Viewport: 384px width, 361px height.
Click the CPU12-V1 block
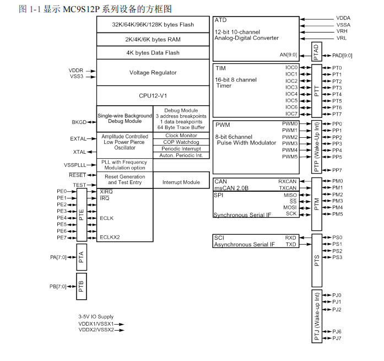point(153,95)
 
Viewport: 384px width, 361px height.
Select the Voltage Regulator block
point(153,73)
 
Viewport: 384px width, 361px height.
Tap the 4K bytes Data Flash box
point(153,53)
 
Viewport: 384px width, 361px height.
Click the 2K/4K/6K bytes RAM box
point(153,39)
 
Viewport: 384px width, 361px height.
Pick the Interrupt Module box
point(181,182)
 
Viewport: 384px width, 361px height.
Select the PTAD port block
point(316,52)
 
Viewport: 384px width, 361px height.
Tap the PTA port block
point(82,257)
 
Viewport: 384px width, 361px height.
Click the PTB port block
point(82,286)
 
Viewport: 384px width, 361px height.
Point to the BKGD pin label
point(79,122)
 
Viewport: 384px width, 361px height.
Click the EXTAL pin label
point(78,139)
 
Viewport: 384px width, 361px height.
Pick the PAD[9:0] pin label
point(342,55)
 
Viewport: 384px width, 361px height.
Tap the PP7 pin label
point(337,170)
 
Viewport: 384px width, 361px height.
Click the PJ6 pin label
point(337,331)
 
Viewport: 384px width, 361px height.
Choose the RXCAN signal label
point(288,181)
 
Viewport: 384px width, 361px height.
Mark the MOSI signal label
point(290,207)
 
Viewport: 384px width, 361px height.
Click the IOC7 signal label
point(291,114)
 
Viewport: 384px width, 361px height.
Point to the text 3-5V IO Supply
point(96,317)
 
